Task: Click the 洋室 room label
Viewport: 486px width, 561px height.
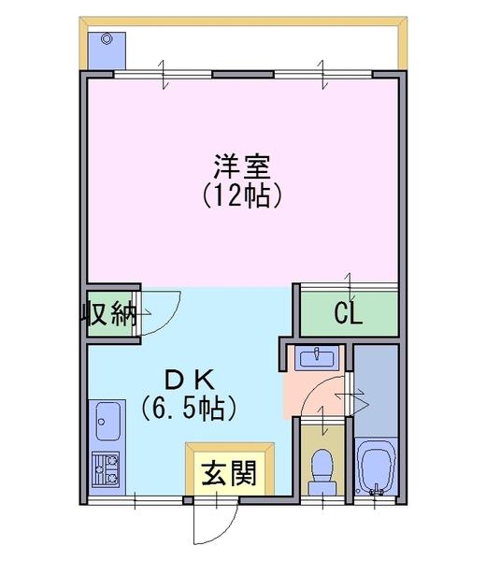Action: click(x=242, y=166)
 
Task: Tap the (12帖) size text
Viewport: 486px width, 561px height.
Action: click(x=242, y=195)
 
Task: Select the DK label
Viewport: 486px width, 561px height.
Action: click(x=189, y=381)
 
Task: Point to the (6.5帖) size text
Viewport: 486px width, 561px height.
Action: click(x=189, y=408)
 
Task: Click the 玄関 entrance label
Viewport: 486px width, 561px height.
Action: click(x=229, y=473)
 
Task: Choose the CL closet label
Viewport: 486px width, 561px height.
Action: click(x=349, y=314)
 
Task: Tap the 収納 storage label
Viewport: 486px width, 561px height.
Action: click(x=108, y=314)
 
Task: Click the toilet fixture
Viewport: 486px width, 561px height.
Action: click(x=322, y=472)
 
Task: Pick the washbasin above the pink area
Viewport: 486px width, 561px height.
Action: click(x=317, y=358)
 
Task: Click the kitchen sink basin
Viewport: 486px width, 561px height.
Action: click(x=107, y=421)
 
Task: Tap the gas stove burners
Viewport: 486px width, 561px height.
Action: click(x=106, y=468)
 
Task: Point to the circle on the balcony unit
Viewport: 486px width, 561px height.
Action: click(x=106, y=38)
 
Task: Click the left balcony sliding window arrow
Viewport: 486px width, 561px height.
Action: click(x=164, y=74)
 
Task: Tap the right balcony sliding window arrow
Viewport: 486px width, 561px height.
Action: click(x=322, y=74)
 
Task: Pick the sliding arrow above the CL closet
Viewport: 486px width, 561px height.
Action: click(x=350, y=286)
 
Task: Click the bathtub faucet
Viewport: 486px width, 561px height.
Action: click(x=376, y=490)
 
